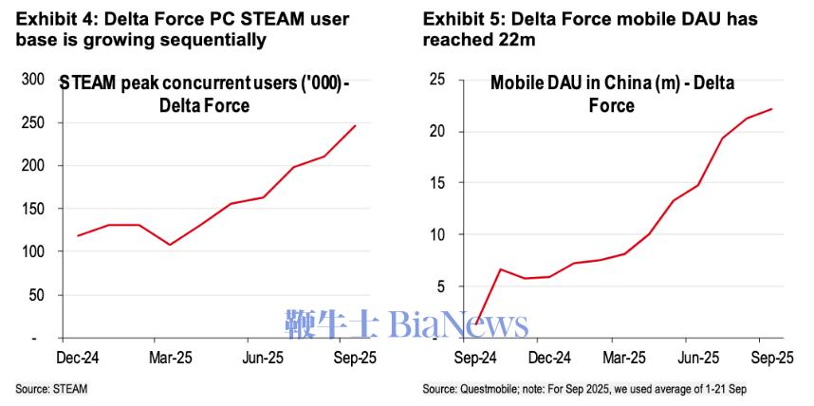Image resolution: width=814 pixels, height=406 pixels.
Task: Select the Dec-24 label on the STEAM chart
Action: click(x=81, y=360)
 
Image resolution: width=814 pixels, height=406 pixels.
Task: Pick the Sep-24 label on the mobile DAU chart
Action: click(x=474, y=359)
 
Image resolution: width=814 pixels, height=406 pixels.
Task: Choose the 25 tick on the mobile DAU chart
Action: click(x=437, y=80)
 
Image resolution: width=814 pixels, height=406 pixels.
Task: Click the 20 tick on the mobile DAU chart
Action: click(x=437, y=131)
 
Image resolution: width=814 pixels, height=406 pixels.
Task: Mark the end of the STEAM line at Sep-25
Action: click(x=356, y=125)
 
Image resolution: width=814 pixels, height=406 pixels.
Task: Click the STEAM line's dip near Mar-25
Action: click(x=170, y=245)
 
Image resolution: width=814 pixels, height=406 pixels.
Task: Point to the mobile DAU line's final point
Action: click(x=771, y=109)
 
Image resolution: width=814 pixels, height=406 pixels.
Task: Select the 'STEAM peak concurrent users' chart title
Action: click(x=204, y=83)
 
